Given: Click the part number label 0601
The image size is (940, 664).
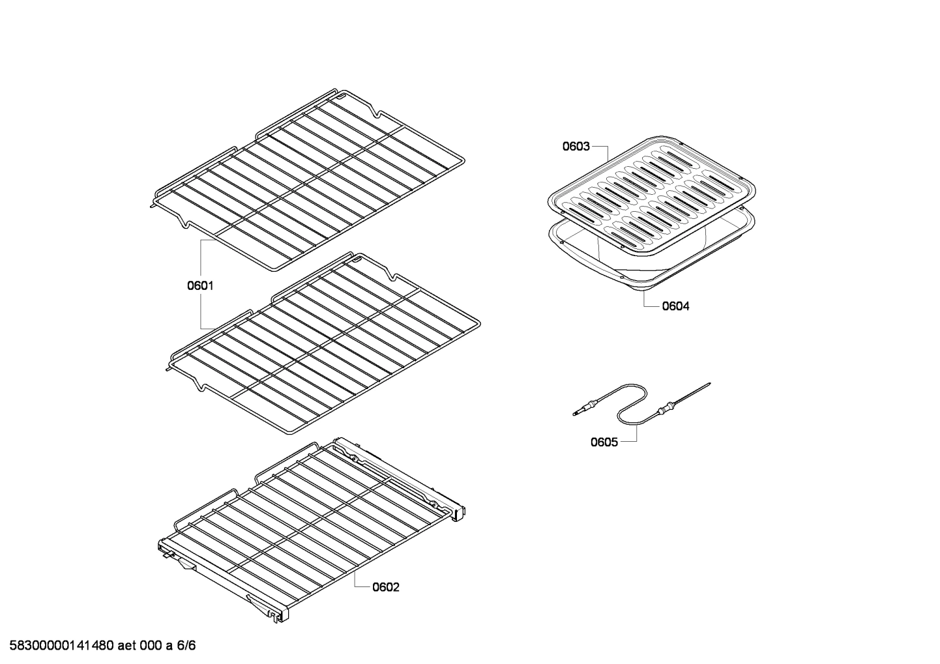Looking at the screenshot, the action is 201,285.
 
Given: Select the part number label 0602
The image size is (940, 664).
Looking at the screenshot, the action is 386,587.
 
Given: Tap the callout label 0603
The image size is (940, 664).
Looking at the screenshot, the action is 576,147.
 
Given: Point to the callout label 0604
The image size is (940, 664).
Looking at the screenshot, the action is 676,306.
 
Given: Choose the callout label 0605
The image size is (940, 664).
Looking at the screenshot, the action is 604,442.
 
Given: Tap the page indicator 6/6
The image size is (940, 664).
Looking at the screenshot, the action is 186,646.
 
